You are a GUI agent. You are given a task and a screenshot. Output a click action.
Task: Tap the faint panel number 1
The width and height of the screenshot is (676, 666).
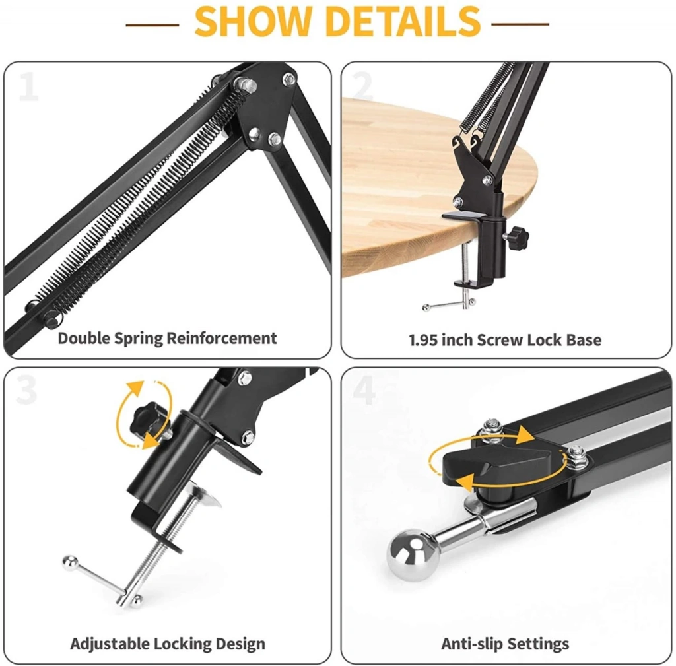(x=29, y=86)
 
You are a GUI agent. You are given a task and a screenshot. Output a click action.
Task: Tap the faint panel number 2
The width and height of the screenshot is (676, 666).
(x=362, y=86)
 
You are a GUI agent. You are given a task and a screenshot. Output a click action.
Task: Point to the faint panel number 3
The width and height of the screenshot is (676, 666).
(x=26, y=389)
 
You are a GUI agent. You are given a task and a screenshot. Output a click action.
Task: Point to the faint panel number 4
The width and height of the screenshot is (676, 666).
(x=364, y=389)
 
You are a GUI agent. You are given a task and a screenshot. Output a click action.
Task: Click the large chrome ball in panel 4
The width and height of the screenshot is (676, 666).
(x=413, y=555)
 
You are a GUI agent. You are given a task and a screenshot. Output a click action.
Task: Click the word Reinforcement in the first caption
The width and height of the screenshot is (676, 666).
(x=222, y=339)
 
